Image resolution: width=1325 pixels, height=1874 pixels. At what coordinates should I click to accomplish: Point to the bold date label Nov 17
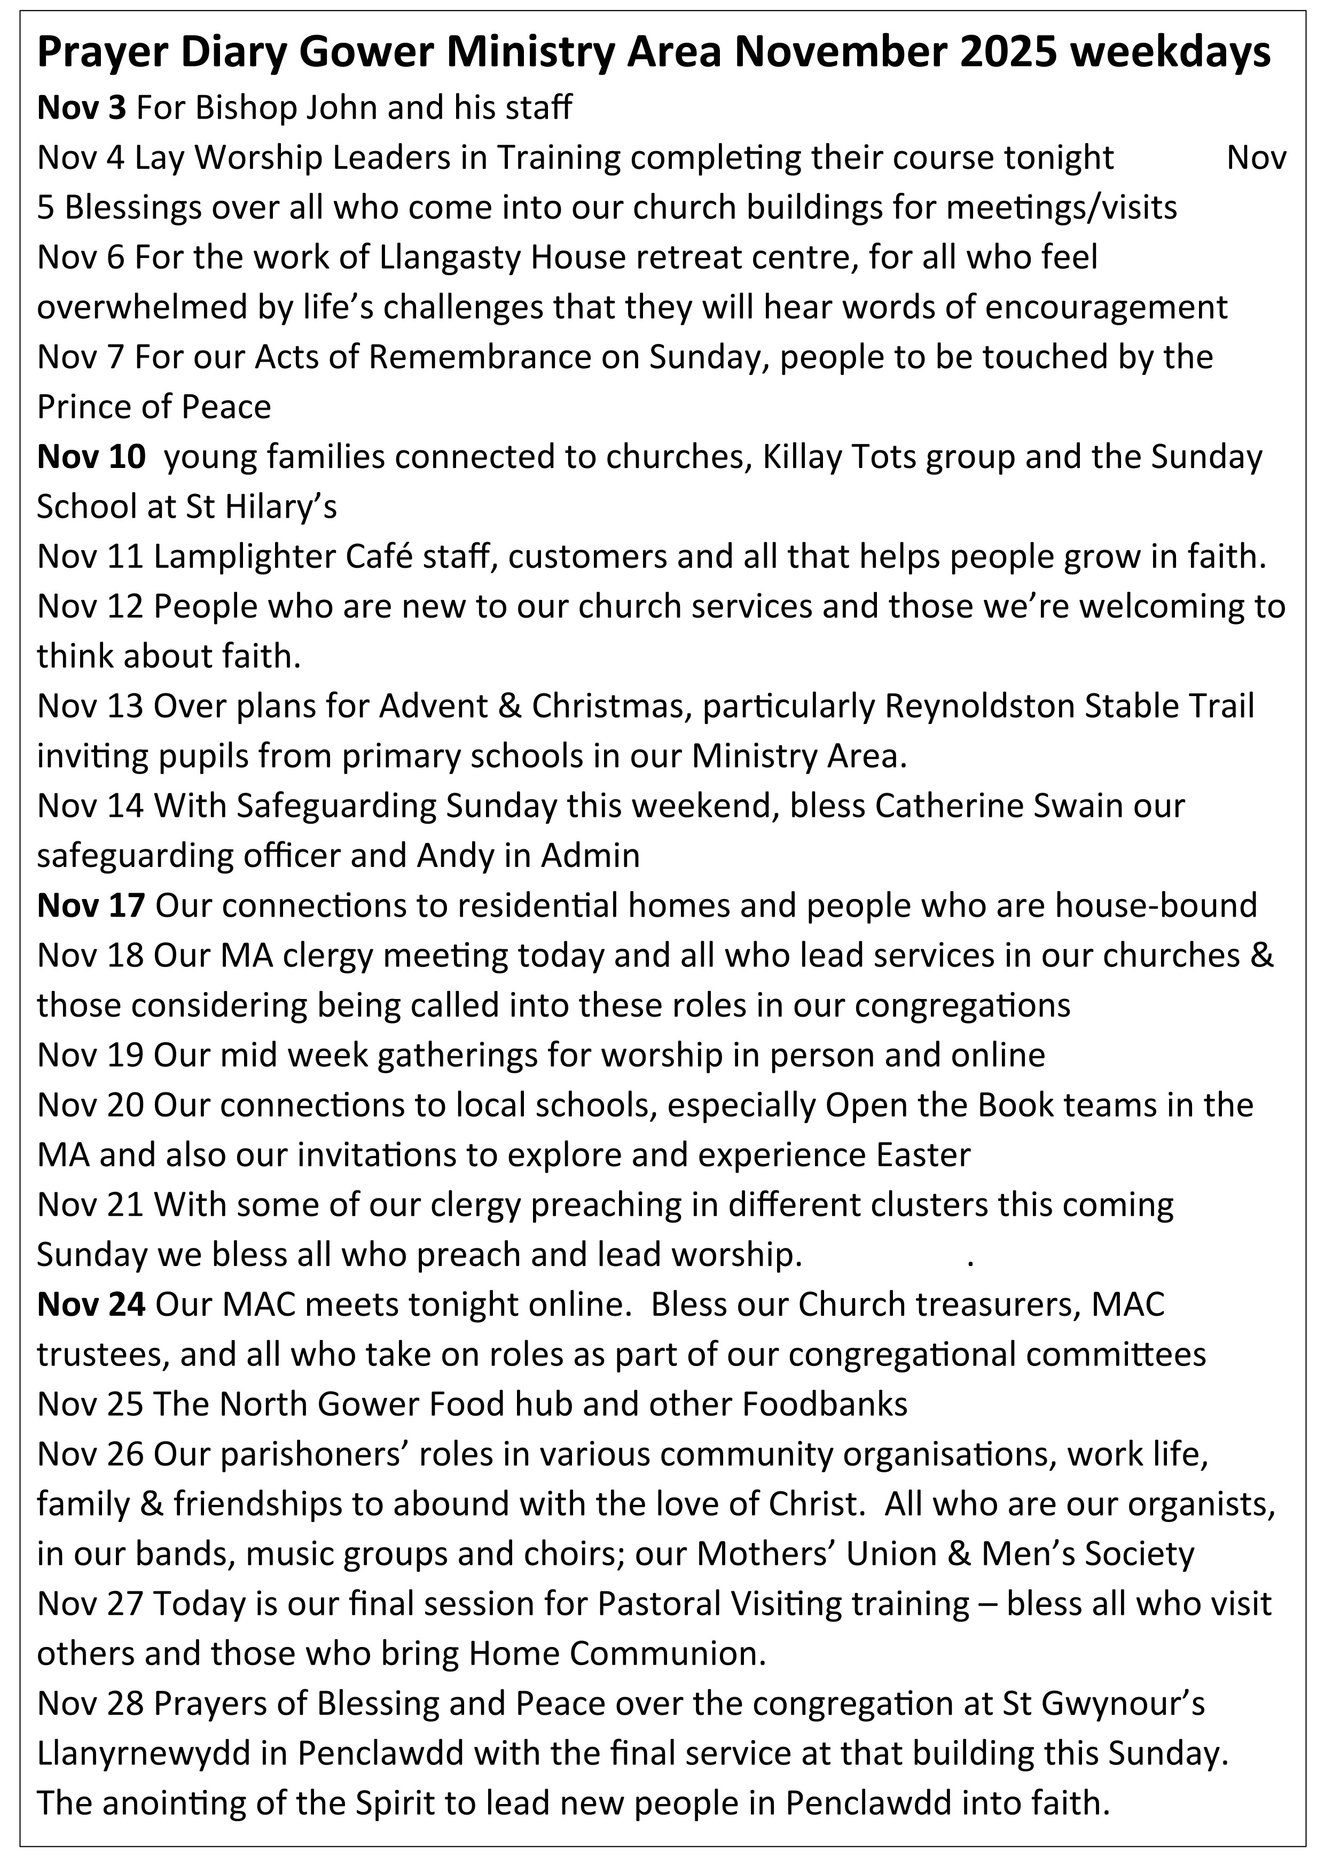click(x=91, y=905)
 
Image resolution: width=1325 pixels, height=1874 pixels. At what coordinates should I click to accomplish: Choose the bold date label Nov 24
click(x=91, y=1305)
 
